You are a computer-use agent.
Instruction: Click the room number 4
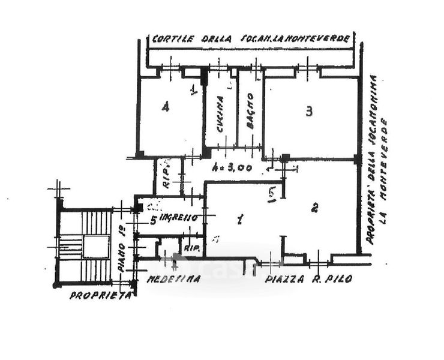click(x=165, y=107)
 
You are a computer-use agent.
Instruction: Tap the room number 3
click(x=308, y=112)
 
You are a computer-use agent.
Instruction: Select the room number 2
click(x=314, y=208)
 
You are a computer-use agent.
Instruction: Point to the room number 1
click(x=240, y=220)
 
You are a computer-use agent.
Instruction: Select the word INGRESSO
click(x=179, y=218)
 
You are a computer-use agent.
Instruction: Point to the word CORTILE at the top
click(x=173, y=39)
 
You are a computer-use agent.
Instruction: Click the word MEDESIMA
click(x=166, y=280)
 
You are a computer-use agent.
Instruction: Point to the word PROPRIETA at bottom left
click(x=100, y=295)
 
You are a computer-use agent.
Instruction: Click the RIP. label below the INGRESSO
click(x=191, y=247)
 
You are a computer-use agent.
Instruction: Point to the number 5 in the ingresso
click(x=153, y=220)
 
